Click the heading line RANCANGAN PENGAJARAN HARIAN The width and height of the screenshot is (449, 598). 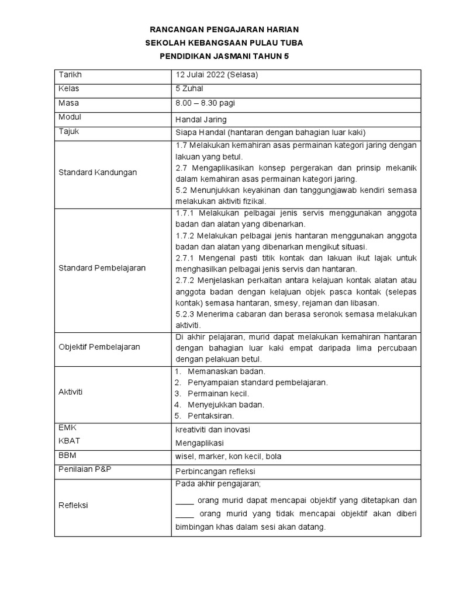point(224,29)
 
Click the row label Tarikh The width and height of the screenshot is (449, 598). point(70,75)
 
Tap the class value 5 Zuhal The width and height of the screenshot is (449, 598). point(189,89)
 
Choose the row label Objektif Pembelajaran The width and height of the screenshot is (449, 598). point(99,347)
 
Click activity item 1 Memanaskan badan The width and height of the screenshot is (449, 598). point(226,371)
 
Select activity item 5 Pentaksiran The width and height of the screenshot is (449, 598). point(210,416)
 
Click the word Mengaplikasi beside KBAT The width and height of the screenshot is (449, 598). point(199,443)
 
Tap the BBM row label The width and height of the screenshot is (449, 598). point(68,455)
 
